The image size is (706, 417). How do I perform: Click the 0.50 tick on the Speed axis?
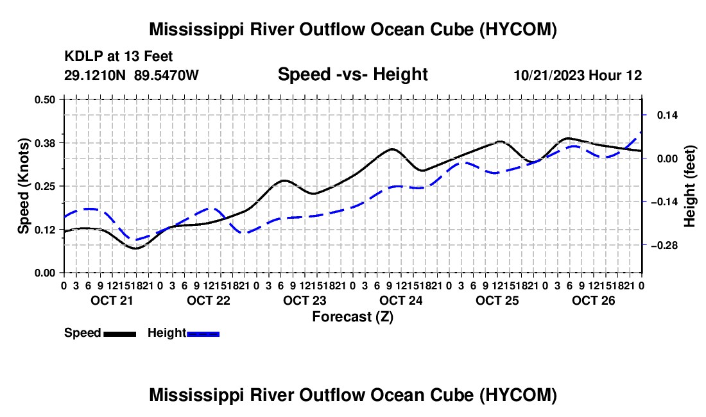tap(44, 99)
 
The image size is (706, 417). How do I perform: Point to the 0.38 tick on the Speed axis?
tap(44, 143)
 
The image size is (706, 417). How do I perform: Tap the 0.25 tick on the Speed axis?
tap(44, 186)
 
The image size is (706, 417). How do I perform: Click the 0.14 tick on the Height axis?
tap(667, 115)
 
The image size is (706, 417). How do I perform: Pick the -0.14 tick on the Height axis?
tap(664, 202)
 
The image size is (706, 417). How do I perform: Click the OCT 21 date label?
tap(112, 300)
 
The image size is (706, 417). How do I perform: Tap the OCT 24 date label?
tap(400, 300)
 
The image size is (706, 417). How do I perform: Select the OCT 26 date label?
tap(594, 300)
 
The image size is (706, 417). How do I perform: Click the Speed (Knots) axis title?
tap(24, 186)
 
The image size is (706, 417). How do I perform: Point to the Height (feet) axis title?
tap(689, 186)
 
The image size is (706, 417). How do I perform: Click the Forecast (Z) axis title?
tap(353, 317)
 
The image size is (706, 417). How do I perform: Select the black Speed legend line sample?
tap(120, 334)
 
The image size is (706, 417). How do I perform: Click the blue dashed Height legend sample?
tap(203, 334)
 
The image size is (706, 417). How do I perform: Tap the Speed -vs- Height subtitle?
tap(352, 74)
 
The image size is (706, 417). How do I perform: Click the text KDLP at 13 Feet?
tap(119, 56)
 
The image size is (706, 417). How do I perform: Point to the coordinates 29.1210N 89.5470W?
tap(131, 75)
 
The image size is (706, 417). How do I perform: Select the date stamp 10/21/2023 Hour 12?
tap(578, 75)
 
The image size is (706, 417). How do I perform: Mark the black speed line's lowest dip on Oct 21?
tap(135, 248)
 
